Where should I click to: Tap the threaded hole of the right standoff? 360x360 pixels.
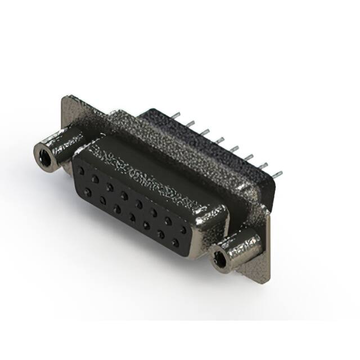[221, 260]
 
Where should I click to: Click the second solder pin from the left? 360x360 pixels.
[190, 123]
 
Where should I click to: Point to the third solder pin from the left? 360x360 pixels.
[203, 131]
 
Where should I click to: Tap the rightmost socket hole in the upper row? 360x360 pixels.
[182, 229]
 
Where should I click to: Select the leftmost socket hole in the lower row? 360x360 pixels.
[88, 192]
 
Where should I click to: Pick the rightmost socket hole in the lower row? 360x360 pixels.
[175, 243]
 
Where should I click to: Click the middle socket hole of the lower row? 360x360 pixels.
[132, 217]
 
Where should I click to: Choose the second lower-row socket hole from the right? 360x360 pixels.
[160, 235]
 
